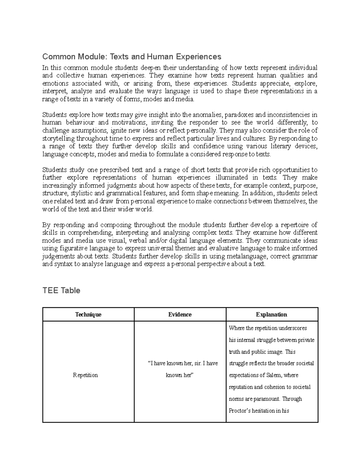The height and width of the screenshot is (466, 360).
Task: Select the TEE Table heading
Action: pyautogui.click(x=61, y=290)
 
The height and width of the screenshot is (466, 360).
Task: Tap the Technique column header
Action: pyautogui.click(x=88, y=314)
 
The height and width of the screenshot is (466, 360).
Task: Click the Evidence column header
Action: pyautogui.click(x=180, y=314)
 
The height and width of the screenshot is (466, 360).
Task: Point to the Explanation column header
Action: pyautogui.click(x=271, y=314)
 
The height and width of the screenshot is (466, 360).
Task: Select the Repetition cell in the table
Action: pyautogui.click(x=85, y=375)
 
